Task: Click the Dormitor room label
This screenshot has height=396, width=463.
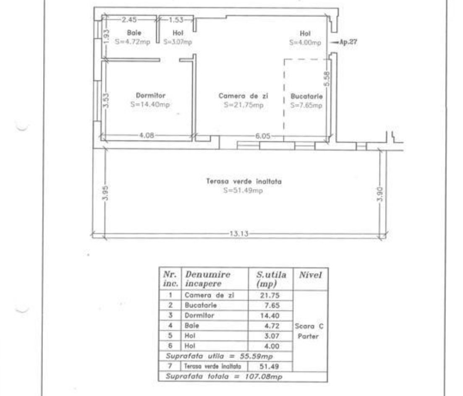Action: tap(150, 95)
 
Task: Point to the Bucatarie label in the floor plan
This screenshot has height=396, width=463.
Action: tap(306, 96)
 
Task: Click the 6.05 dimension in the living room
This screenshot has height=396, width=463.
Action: tap(262, 136)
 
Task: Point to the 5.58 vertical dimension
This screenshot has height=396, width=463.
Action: tap(328, 78)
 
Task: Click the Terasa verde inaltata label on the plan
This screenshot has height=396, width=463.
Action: tap(243, 182)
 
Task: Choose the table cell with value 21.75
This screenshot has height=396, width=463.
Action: tap(271, 295)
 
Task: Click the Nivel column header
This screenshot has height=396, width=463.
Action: tap(310, 275)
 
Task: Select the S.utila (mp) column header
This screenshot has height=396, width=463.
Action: tap(271, 279)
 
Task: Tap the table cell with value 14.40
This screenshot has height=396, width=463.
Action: tap(271, 315)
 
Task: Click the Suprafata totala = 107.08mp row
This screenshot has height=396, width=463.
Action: tap(225, 376)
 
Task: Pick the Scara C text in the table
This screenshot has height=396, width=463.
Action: tap(310, 326)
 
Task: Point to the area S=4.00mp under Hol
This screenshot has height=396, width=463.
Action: tap(305, 42)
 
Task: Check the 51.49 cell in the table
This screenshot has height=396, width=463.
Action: tap(271, 366)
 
